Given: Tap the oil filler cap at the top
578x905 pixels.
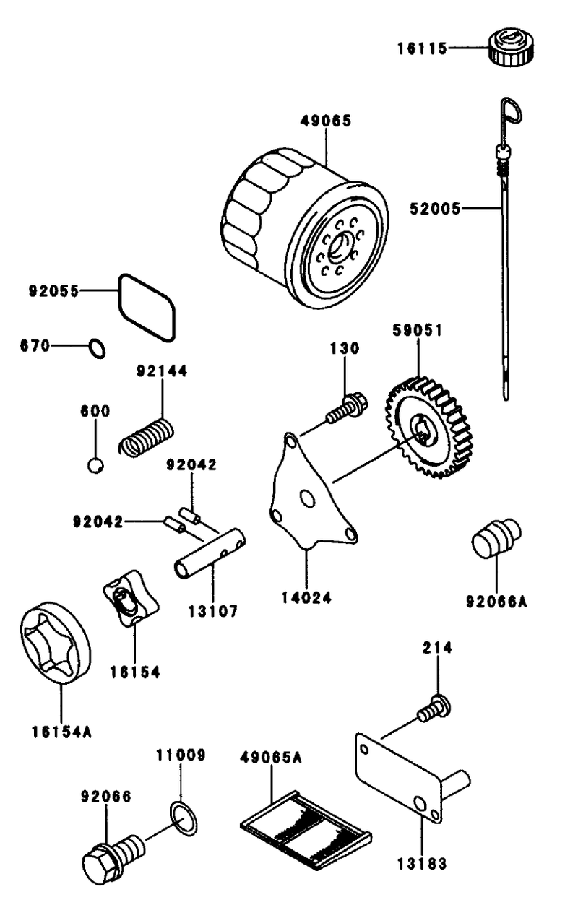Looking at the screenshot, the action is coord(511,47).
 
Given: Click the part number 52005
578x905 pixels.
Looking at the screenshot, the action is coord(436,209).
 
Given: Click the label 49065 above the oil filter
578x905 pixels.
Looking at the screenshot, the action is coord(326,121).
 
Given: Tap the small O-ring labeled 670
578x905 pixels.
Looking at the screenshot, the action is coord(97,348).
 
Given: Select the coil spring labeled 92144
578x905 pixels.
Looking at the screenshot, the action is coord(147,438).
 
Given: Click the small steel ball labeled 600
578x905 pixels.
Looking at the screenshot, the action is coord(96,466).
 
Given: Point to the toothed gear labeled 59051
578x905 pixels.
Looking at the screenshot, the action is coord(428,428).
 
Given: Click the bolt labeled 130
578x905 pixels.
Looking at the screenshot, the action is coord(347,409).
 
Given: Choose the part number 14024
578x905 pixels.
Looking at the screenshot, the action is coord(306,598).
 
